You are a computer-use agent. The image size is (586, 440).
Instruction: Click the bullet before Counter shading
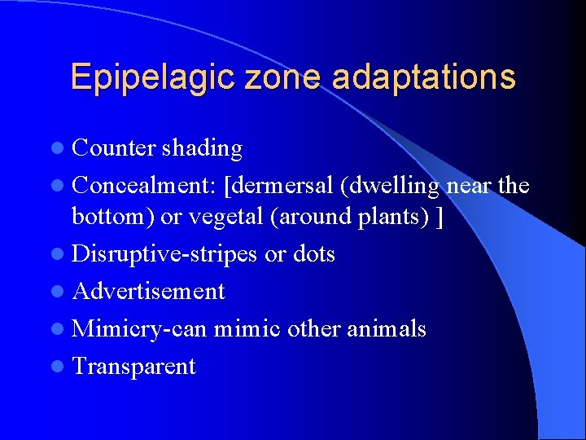(61, 148)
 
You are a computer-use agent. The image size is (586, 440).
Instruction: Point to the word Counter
(113, 148)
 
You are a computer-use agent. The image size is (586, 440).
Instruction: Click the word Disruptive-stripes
(165, 255)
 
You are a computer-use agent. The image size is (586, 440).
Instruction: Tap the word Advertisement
(148, 291)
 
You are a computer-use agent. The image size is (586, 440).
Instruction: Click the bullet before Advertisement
(61, 292)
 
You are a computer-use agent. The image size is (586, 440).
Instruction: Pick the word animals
(386, 328)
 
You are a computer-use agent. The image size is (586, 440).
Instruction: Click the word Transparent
(133, 366)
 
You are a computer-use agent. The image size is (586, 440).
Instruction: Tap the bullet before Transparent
(61, 367)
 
